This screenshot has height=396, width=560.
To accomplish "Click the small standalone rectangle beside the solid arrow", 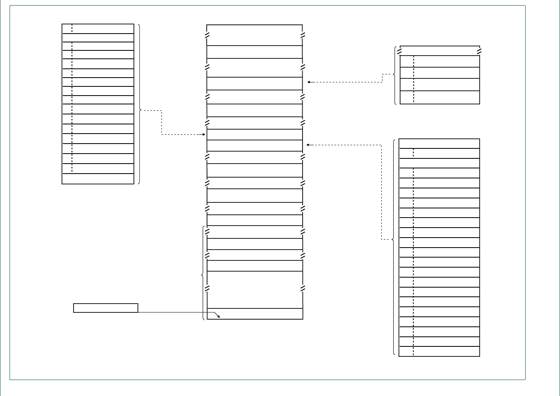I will coord(106,308).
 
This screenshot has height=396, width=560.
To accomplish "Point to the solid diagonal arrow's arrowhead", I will coord(219,317).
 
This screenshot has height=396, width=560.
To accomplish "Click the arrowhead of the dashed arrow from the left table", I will coord(204,135).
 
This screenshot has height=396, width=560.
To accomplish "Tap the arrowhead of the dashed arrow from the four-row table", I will coord(309,82).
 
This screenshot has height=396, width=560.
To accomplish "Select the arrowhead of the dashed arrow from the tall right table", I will coord(308,145).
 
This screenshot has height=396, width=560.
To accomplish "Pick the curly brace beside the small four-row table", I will coord(395,75).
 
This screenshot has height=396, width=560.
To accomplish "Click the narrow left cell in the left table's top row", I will coord(67,29).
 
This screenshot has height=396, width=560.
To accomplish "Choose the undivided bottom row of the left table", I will coord(98,179).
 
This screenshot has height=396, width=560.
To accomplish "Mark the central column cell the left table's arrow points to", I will coord(255,135).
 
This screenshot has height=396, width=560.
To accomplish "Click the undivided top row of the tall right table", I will coord(439,144).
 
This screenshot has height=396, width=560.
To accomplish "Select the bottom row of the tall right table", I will coord(439,352).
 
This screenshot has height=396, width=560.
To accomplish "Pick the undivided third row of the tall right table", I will coord(439,163).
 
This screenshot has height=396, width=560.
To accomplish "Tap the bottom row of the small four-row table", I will coord(440,98).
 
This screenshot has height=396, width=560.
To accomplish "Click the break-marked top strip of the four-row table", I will coord(440,51).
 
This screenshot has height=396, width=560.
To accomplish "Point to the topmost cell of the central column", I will coord(255,35).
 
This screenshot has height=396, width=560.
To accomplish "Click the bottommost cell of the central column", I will coord(255,314).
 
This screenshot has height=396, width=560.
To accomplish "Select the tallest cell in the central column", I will coord(255,290).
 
